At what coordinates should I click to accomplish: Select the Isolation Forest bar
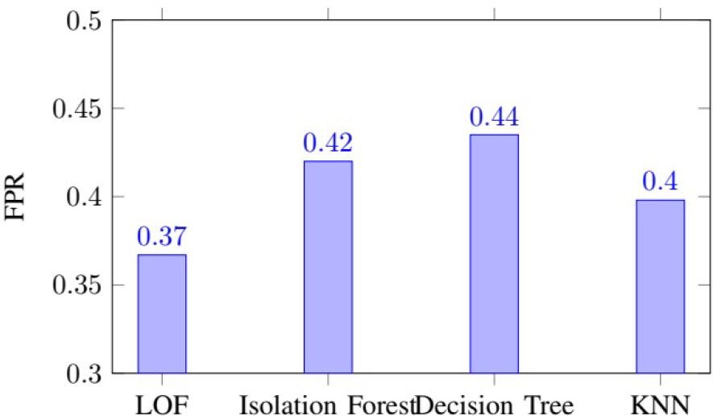tap(327, 267)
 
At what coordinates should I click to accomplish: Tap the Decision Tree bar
tap(494, 254)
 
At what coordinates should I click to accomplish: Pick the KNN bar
tap(660, 286)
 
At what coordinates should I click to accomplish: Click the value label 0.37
tap(161, 238)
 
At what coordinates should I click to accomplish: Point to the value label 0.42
tap(327, 144)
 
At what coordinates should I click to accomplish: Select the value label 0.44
tap(494, 118)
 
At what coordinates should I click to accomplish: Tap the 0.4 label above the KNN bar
tap(660, 182)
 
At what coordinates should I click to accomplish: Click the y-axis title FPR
tap(17, 197)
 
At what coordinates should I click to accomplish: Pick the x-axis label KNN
tap(660, 401)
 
